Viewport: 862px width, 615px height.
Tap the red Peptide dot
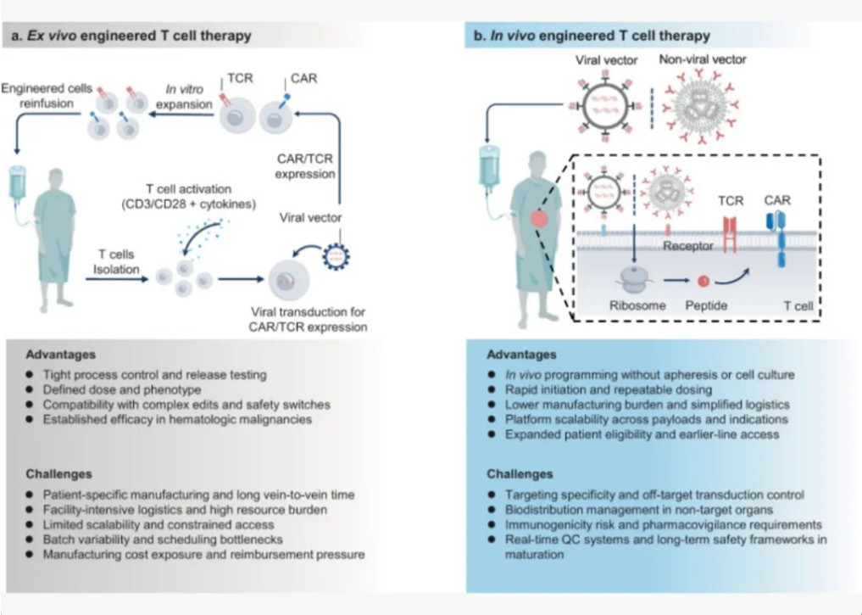(703, 278)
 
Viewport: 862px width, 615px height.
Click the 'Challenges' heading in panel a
(58, 474)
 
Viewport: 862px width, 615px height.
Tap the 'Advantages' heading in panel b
(522, 355)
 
